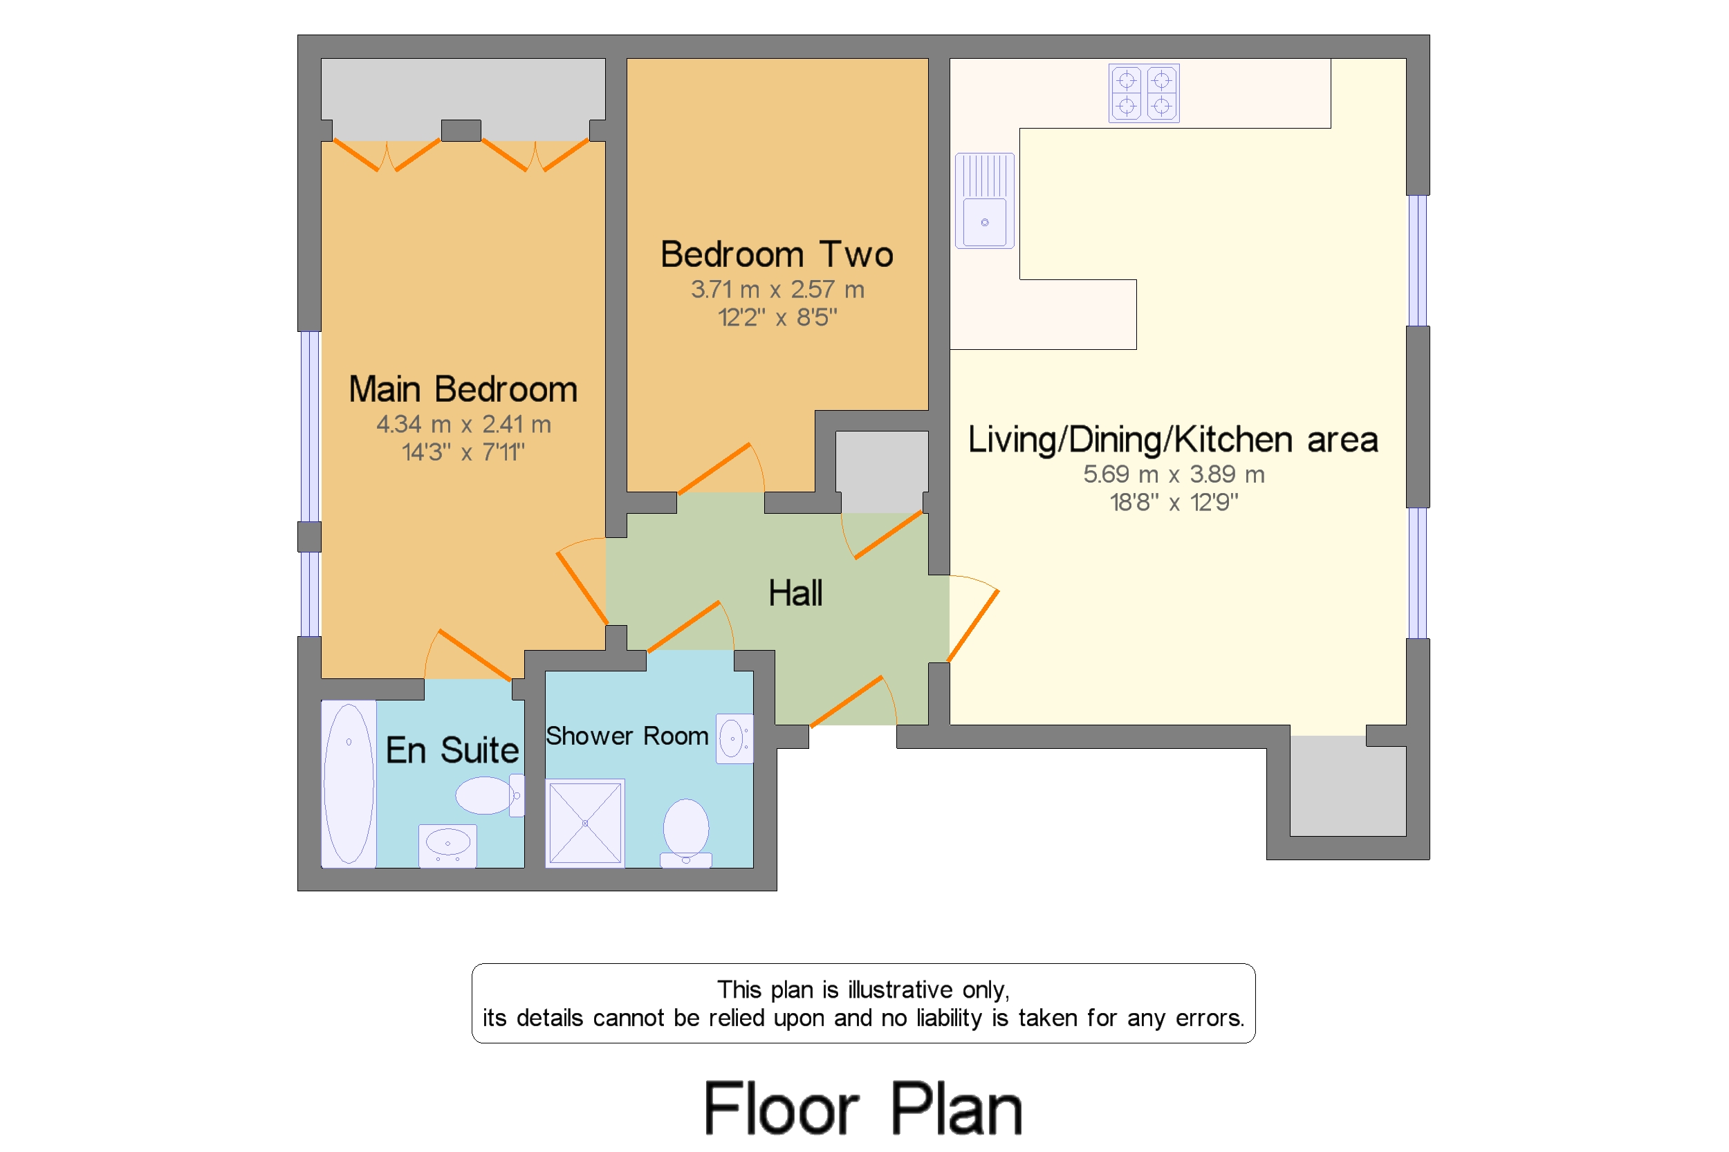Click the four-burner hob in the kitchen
(1143, 93)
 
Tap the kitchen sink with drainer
(985, 201)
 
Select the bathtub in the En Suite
(349, 784)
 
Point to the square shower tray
(585, 823)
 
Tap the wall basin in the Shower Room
(733, 738)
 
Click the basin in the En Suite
(447, 844)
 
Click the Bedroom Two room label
(777, 254)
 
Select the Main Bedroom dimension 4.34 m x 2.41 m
(463, 424)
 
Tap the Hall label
(795, 593)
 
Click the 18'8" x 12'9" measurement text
(1174, 503)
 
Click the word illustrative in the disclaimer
(899, 990)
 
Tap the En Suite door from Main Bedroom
(474, 655)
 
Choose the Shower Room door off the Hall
(683, 626)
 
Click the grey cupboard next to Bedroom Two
(881, 471)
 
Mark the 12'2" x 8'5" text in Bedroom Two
(777, 317)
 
